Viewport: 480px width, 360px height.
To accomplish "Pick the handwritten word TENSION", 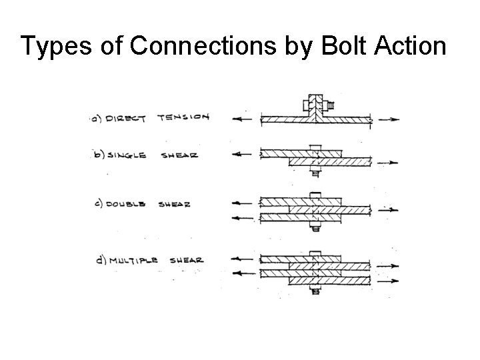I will pyautogui.click(x=183, y=118).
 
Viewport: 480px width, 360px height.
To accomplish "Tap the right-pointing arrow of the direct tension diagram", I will pyautogui.click(x=391, y=120).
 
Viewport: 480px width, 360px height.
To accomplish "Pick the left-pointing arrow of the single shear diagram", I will pyautogui.click(x=241, y=154).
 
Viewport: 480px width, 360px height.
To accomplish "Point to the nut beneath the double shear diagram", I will pyautogui.click(x=314, y=227).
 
